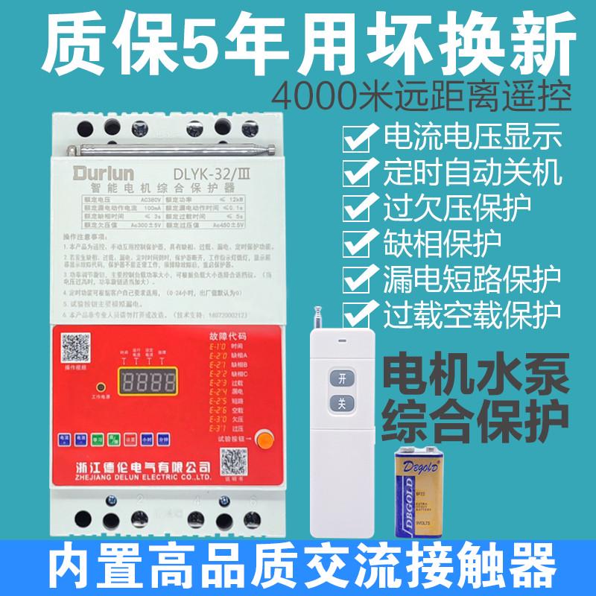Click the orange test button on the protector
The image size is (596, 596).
pyautogui.click(x=261, y=440)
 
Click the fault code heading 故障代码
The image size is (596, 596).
pyautogui.click(x=232, y=337)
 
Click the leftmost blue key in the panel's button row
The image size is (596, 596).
pyautogui.click(x=66, y=438)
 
